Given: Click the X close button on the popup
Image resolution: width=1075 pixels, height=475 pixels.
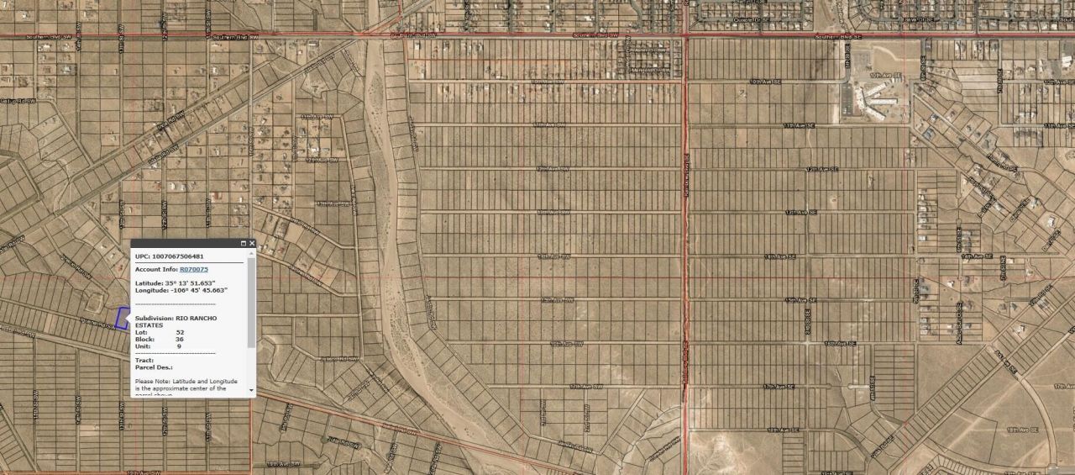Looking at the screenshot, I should coord(251,244).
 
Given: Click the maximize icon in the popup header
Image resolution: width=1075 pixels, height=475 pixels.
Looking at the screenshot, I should coord(243,244).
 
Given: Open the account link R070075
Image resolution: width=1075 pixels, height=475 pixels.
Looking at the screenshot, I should coord(194,269).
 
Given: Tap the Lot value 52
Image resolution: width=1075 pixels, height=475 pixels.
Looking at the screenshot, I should coord(180,332).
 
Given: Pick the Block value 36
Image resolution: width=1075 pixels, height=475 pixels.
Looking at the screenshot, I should coord(180,339).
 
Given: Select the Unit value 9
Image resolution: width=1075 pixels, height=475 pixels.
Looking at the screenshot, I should coord(178,346).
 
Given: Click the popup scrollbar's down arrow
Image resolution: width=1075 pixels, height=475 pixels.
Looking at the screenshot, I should coord(251,390).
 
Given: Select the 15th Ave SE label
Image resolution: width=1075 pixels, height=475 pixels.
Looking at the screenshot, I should coord(801,299).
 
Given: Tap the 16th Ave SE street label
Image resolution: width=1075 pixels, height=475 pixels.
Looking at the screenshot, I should coord(839,343).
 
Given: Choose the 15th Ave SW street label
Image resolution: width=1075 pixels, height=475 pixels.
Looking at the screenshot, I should coord(557,299).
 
